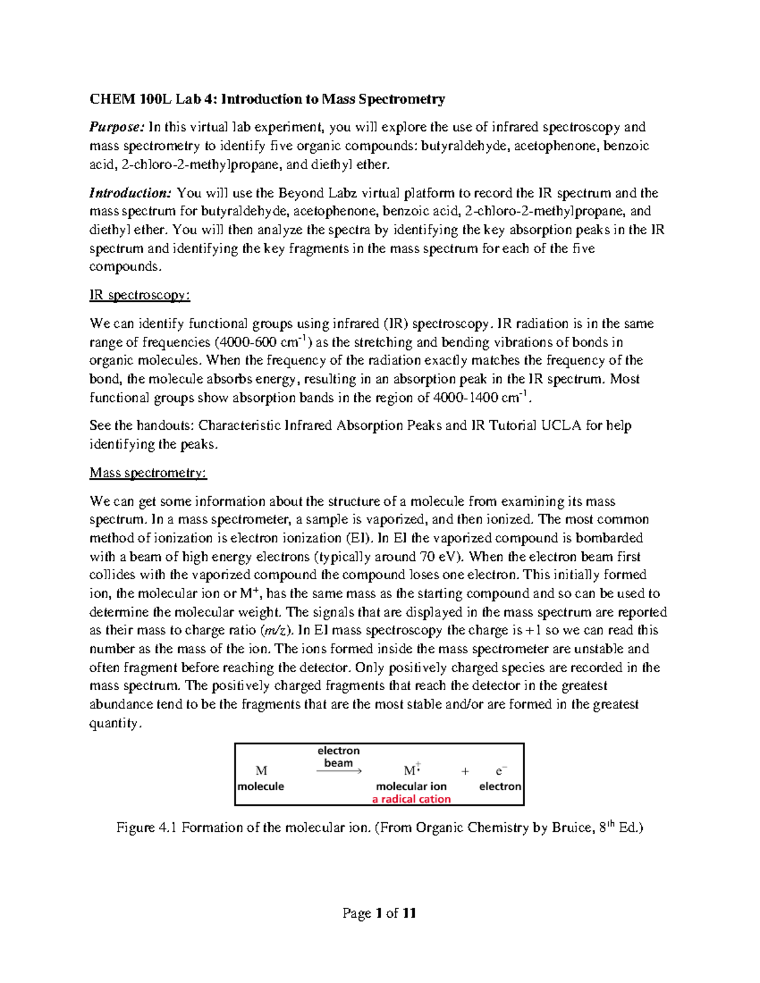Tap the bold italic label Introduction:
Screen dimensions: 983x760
(130, 193)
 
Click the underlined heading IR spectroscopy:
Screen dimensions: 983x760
(139, 296)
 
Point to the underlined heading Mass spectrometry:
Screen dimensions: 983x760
(148, 473)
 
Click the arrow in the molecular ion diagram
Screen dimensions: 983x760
(339, 772)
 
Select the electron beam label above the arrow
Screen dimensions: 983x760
(338, 757)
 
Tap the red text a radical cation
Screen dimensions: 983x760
(411, 799)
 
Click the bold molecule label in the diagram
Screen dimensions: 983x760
(261, 786)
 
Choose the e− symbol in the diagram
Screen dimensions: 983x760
(500, 771)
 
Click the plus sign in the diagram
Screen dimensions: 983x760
(465, 771)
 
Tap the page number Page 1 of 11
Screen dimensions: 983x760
(379, 913)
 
